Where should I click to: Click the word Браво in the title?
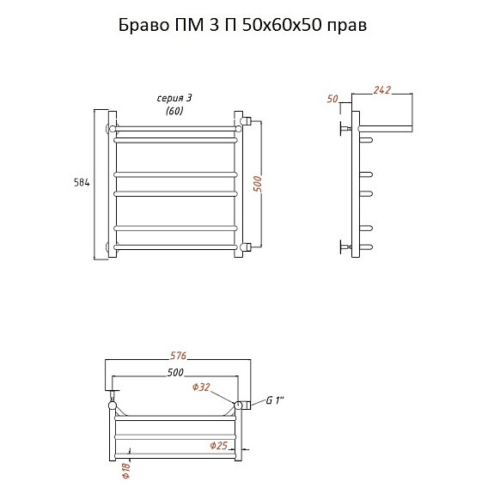pos(144,25)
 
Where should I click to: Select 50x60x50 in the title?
pos(281,25)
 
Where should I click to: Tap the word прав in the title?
pos(346,27)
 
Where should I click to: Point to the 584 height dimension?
pos(82,183)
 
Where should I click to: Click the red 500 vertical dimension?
pos(258,184)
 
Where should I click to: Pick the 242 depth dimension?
pos(381,90)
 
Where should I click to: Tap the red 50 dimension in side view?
pos(332,99)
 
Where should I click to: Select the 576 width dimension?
pos(179,356)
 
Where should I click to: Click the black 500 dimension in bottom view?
pos(175,373)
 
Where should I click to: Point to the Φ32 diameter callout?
pos(201,387)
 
